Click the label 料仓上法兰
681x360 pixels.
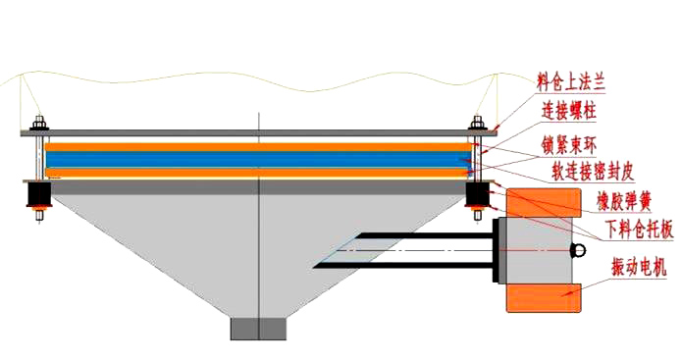570,82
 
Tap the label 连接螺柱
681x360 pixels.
568,111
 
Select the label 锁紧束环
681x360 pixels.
568,145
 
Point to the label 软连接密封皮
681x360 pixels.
594,171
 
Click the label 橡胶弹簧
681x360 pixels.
624,202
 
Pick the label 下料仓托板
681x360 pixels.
640,229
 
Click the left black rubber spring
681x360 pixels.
39,194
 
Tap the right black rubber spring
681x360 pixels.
477,194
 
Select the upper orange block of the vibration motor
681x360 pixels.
544,203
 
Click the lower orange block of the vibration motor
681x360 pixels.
544,297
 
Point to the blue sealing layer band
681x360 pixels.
258,159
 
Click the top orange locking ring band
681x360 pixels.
258,147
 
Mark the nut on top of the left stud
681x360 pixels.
39,123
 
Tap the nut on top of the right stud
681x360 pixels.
477,123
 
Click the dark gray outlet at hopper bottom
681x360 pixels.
258,330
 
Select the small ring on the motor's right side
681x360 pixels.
579,250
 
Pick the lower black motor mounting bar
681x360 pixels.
403,265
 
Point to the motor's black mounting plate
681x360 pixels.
496,250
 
